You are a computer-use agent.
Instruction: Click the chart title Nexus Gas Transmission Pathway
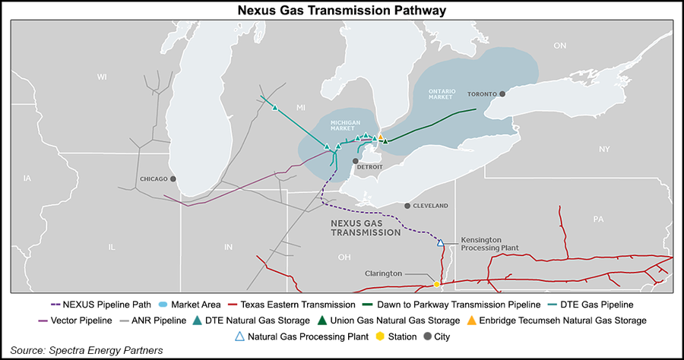pos(341,10)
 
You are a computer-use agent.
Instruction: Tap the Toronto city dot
pos(502,94)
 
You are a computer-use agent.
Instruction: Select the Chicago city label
pos(154,179)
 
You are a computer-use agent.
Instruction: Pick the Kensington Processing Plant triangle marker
pos(440,242)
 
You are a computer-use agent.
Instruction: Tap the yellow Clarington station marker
pos(437,284)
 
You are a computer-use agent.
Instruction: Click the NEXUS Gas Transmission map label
pos(363,228)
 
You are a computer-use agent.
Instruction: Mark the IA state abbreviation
pos(28,178)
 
